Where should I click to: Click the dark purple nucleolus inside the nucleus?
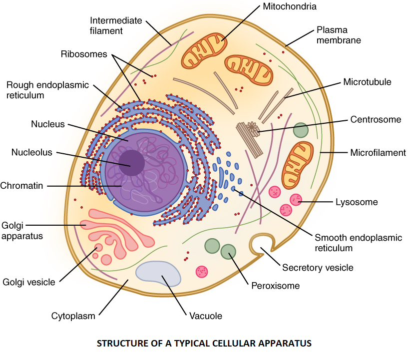pos(131,163)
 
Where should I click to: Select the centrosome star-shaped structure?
pos(253,129)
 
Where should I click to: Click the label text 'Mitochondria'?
pos(290,6)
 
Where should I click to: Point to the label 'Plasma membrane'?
pos(339,35)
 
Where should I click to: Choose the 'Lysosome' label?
pos(357,202)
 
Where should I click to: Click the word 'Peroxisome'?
pos(275,286)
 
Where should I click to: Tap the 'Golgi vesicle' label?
pos(29,282)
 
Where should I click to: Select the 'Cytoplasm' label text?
pos(73,316)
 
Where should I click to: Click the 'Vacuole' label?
pos(206,316)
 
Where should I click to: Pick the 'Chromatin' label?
pos(21,186)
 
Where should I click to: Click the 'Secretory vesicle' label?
pos(318,268)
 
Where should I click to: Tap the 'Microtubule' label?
pos(367,82)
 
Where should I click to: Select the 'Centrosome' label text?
pos(376,119)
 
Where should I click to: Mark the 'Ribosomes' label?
pos(84,54)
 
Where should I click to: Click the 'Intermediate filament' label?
pos(116,25)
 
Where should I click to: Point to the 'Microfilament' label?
pos(378,153)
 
